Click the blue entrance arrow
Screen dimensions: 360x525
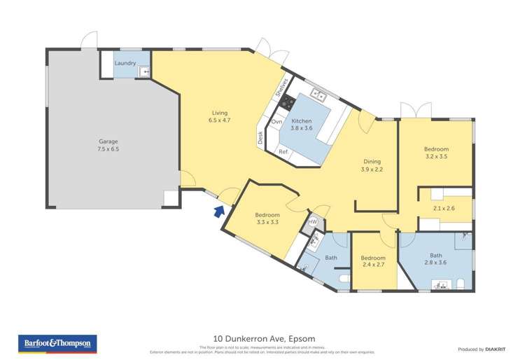pos(219,210)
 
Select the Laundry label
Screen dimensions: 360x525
pos(125,63)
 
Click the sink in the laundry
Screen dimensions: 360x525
pos(144,71)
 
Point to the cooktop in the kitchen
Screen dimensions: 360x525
pos(286,103)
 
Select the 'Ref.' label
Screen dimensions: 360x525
pos(283,151)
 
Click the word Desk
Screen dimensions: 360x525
pos(260,138)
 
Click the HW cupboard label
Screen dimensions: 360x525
pos(313,222)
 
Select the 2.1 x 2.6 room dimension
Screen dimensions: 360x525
pos(444,208)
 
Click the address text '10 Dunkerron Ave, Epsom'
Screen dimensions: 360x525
pos(262,338)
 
